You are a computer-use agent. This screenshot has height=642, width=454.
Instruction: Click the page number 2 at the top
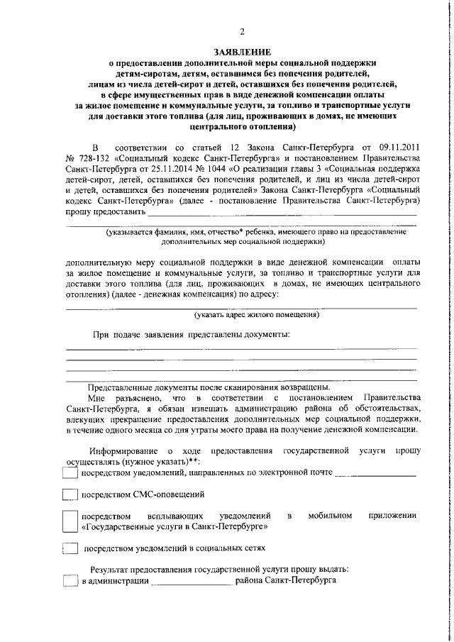pyautogui.click(x=241, y=31)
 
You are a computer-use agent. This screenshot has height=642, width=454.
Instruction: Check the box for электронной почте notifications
pyautogui.click(x=70, y=474)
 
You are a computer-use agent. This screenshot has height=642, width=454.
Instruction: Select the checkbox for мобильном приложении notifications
pyautogui.click(x=70, y=522)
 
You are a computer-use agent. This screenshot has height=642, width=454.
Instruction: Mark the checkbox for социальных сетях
pyautogui.click(x=70, y=548)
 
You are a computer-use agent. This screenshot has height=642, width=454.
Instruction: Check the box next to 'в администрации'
pyautogui.click(x=70, y=582)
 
